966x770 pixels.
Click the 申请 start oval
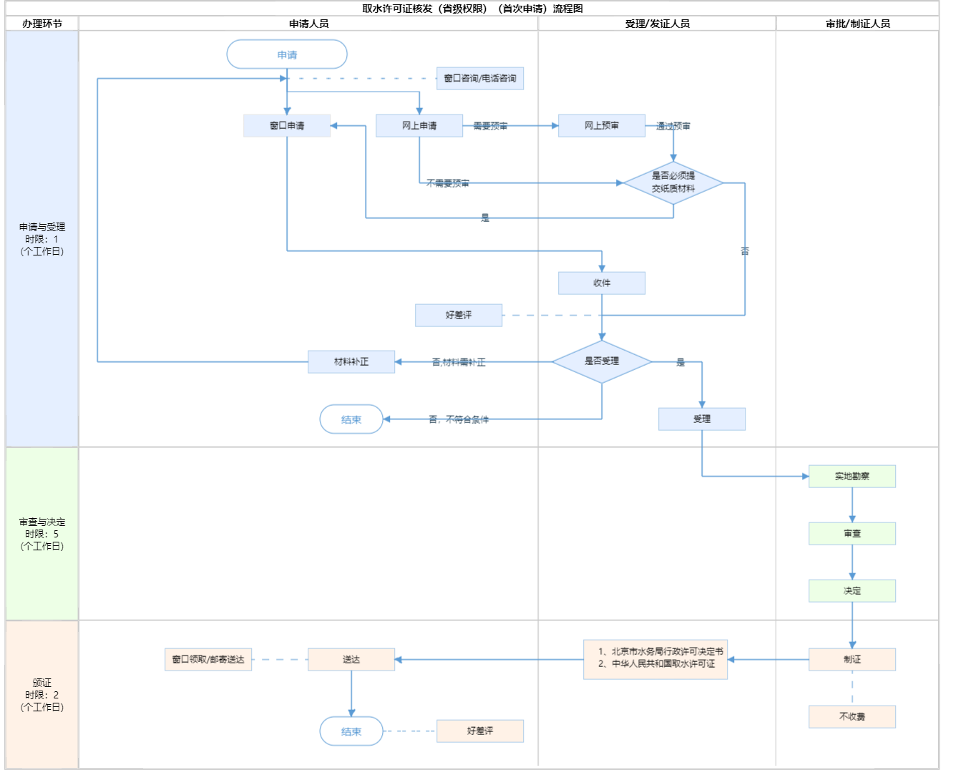pyautogui.click(x=287, y=54)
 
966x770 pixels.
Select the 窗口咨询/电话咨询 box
pyautogui.click(x=479, y=78)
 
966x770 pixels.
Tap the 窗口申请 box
pyautogui.click(x=287, y=125)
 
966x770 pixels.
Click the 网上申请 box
pyautogui.click(x=419, y=125)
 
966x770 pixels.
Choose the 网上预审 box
pyautogui.click(x=602, y=125)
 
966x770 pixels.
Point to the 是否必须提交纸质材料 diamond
pyautogui.click(x=673, y=182)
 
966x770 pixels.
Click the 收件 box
pyautogui.click(x=602, y=283)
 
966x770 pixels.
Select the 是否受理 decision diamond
pyautogui.click(x=602, y=361)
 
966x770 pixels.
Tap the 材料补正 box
pyautogui.click(x=351, y=361)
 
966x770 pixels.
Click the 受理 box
pyautogui.click(x=702, y=419)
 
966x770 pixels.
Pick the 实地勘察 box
pyautogui.click(x=852, y=476)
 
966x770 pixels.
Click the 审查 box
pyautogui.click(x=852, y=533)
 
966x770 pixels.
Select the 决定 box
pyautogui.click(x=852, y=590)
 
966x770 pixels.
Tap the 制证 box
pyautogui.click(x=852, y=659)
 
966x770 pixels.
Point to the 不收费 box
pyautogui.click(x=852, y=716)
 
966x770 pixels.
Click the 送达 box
pyautogui.click(x=351, y=659)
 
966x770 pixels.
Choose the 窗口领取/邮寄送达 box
pyautogui.click(x=208, y=659)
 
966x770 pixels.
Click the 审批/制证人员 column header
pyautogui.click(x=857, y=24)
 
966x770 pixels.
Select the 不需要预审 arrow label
pyautogui.click(x=448, y=183)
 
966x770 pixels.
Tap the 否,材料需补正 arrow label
pyautogui.click(x=459, y=362)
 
